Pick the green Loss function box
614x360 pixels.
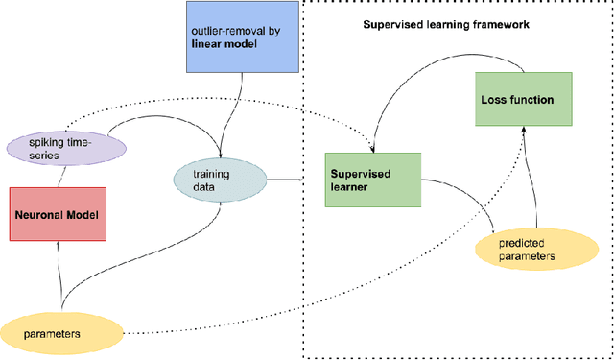[x=515, y=99]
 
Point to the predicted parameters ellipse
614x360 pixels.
[x=527, y=250]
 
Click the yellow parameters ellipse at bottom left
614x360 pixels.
[x=62, y=333]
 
